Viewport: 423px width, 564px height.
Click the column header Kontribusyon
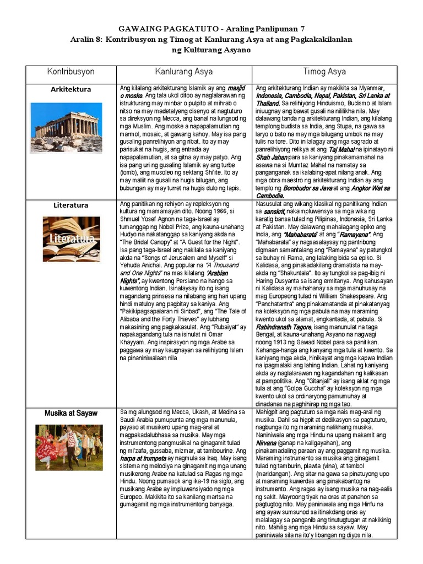(70, 72)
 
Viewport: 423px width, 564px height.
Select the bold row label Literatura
(70, 205)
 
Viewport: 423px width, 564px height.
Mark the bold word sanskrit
(274, 211)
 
